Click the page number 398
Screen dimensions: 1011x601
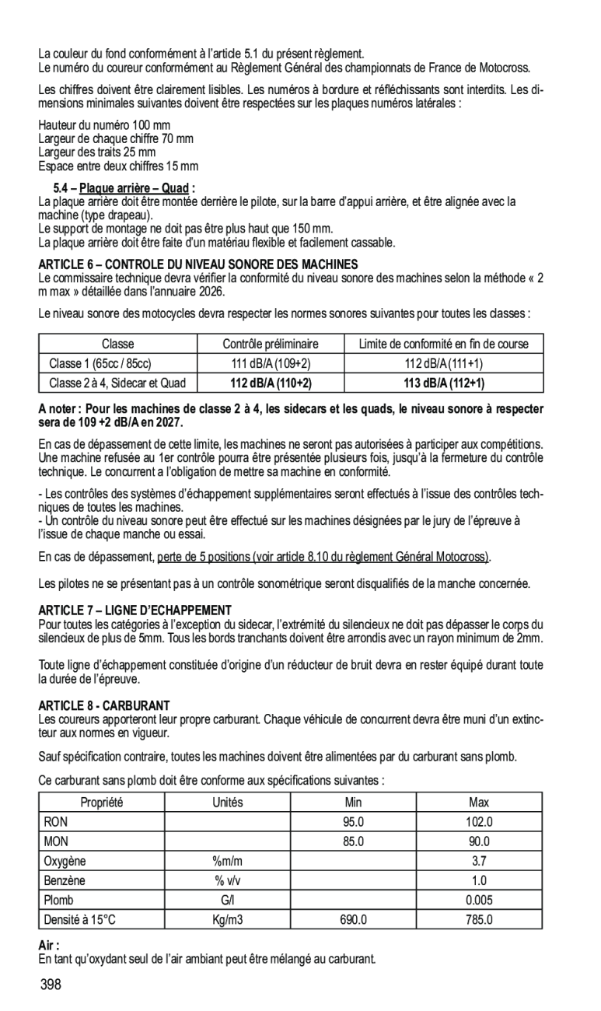pos(51,985)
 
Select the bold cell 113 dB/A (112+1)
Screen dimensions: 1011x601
pos(443,383)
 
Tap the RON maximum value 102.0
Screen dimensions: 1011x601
pos(479,821)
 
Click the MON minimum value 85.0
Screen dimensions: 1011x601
pos(354,841)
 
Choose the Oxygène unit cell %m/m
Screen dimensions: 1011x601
pos(228,861)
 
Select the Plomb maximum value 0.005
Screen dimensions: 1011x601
pos(479,901)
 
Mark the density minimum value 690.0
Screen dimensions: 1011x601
pos(354,920)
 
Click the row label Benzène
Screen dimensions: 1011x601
pos(65,880)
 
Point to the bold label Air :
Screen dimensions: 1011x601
pos(49,944)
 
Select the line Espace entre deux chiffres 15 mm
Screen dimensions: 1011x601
pos(118,166)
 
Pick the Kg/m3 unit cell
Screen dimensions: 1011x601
pos(228,920)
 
